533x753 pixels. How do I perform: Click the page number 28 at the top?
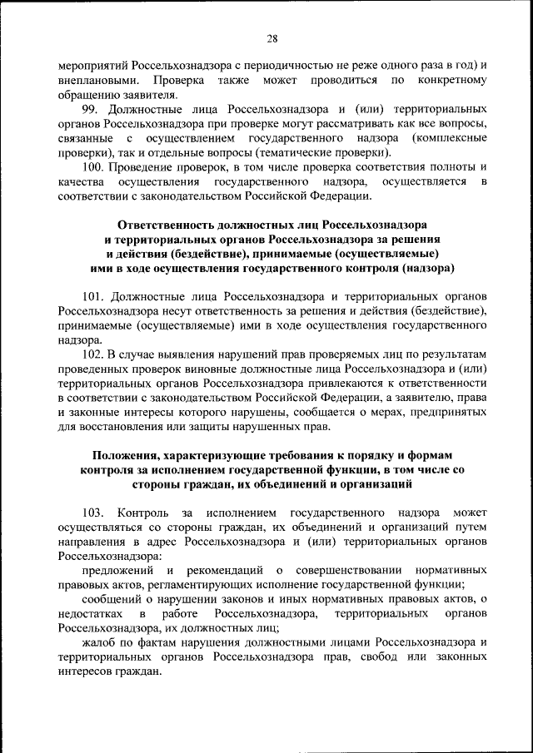pyautogui.click(x=271, y=39)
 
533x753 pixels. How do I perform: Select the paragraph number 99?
pyautogui.click(x=91, y=110)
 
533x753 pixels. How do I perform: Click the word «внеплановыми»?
pyautogui.click(x=94, y=80)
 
